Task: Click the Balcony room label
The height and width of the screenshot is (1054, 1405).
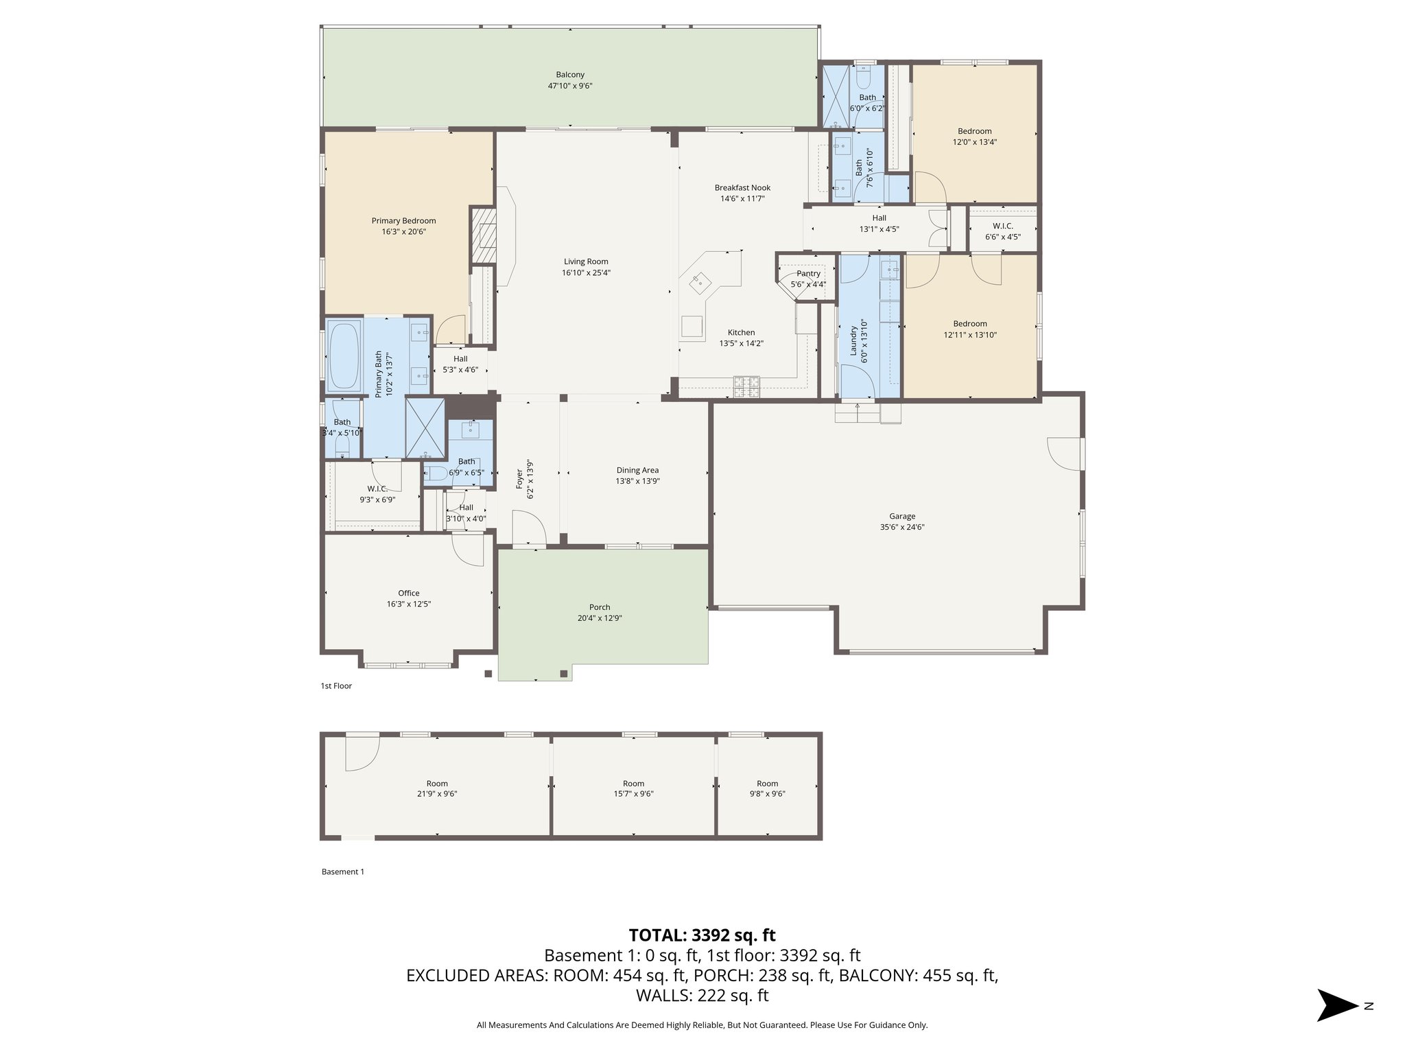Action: [569, 75]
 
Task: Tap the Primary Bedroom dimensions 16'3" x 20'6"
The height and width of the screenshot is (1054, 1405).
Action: [403, 232]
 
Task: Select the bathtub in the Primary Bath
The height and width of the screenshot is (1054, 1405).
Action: [344, 355]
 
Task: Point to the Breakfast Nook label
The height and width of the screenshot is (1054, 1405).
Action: [742, 187]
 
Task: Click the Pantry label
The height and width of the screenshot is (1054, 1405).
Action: [808, 274]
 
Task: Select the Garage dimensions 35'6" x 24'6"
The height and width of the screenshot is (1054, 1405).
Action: [902, 528]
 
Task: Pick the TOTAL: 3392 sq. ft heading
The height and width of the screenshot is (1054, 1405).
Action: [702, 935]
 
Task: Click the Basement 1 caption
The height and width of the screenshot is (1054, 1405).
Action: [342, 871]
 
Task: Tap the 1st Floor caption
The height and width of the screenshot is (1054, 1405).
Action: [336, 686]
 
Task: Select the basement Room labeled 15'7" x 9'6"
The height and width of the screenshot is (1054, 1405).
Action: [633, 788]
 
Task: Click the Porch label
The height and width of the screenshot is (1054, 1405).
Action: [600, 607]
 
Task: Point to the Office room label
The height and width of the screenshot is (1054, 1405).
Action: [408, 593]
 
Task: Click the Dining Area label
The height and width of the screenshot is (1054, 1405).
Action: [637, 470]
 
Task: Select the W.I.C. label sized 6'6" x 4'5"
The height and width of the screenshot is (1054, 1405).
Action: [1002, 226]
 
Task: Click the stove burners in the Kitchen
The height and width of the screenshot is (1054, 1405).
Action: [746, 387]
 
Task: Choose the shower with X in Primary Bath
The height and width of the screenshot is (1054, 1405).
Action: [425, 428]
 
